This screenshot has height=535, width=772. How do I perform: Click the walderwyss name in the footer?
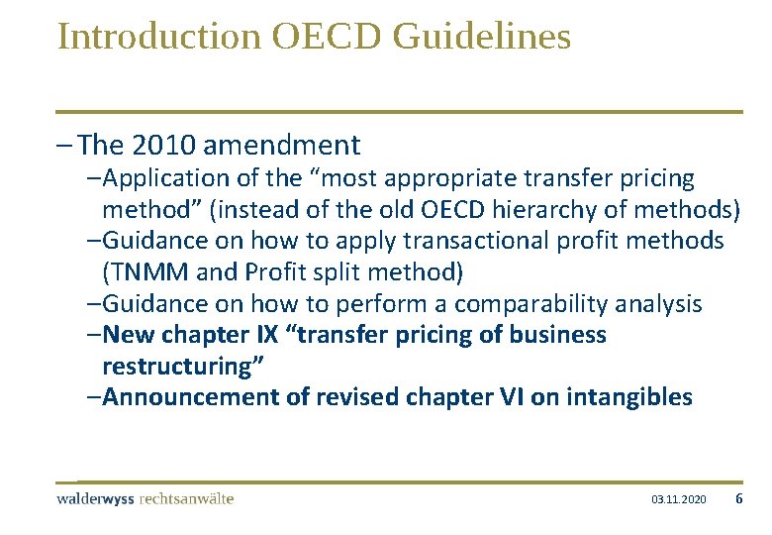click(97, 498)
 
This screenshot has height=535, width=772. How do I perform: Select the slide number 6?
click(738, 499)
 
